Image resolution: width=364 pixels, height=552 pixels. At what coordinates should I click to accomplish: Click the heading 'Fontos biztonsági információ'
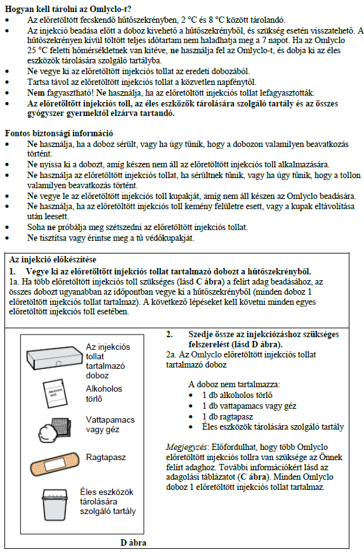tap(59, 134)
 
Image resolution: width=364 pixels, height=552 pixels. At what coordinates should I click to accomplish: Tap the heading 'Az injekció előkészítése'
tap(53, 260)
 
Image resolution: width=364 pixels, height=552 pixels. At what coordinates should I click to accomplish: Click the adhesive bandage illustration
tap(55, 464)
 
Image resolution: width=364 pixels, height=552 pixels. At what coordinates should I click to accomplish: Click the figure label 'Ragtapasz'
tap(106, 458)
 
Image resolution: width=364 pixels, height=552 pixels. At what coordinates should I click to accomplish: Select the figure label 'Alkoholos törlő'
tap(104, 394)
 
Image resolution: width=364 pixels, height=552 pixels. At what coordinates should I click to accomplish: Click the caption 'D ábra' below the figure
tap(133, 542)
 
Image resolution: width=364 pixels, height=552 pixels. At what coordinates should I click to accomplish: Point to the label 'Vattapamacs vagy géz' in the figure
tap(110, 425)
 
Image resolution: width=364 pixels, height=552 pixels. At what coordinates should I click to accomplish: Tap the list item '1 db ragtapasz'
tap(228, 417)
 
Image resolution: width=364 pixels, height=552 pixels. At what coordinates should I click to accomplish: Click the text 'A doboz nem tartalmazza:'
tap(234, 385)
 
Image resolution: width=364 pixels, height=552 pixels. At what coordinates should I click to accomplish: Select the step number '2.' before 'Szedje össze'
tap(169, 334)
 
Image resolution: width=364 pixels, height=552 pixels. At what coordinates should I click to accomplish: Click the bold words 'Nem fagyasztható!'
tap(59, 93)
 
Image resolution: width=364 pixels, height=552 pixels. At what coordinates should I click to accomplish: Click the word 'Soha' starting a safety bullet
tap(36, 227)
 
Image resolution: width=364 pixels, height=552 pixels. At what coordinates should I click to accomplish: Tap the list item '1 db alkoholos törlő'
tap(237, 395)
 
